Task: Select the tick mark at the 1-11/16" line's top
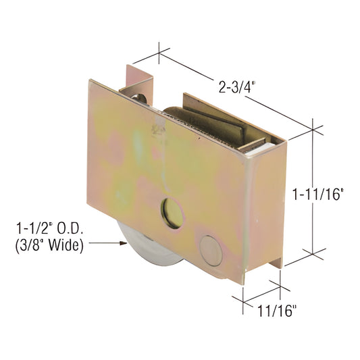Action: [x=313, y=128]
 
